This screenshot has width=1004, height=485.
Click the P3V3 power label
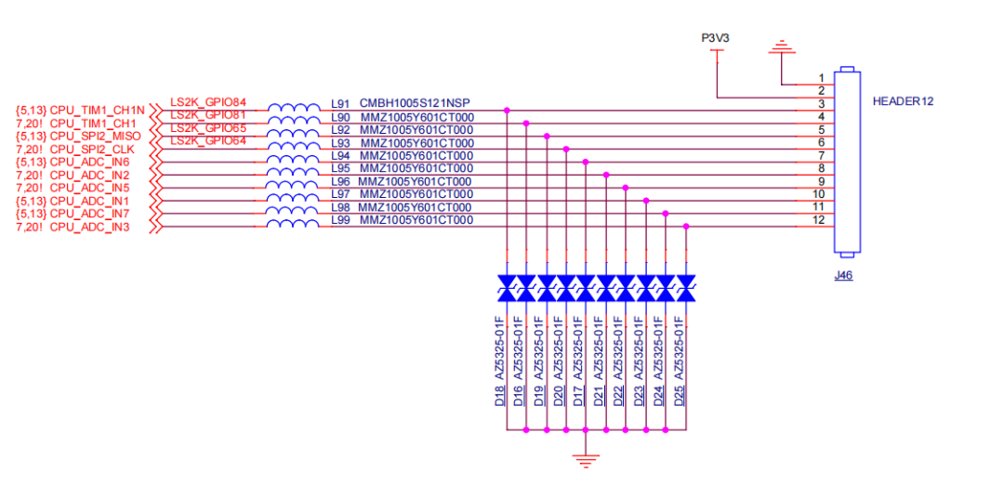[715, 38]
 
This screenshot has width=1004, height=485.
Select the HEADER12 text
[902, 100]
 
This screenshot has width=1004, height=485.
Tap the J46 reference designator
[843, 276]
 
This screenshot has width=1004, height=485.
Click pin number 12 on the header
[819, 220]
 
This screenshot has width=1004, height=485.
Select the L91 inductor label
[340, 104]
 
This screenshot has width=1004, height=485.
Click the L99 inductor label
[340, 220]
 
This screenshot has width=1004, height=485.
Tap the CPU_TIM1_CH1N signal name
[97, 110]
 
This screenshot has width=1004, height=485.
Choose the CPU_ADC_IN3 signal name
[89, 227]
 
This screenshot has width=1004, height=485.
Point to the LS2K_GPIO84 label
[208, 101]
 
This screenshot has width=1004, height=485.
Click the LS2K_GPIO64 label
[208, 140]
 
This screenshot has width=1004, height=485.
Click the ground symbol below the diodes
[585, 457]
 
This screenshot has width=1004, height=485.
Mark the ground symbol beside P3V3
[783, 47]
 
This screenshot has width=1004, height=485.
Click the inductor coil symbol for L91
[294, 109]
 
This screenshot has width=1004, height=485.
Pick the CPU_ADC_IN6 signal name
[89, 162]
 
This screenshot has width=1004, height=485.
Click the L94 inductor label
[340, 155]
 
